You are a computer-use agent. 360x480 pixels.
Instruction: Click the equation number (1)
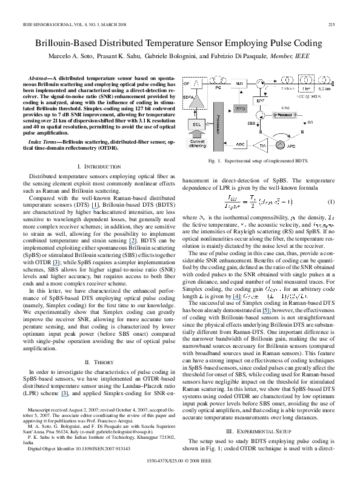coord(331,201)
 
